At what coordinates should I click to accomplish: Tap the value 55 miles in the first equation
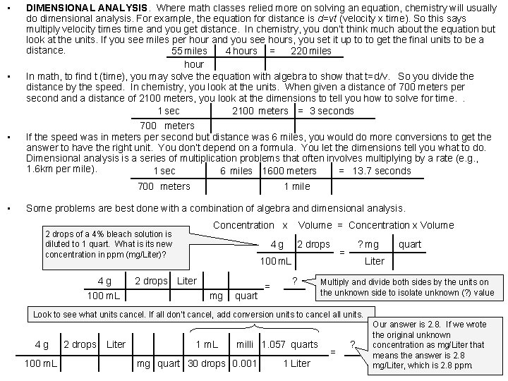(x=189, y=51)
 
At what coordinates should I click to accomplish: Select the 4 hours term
(x=241, y=51)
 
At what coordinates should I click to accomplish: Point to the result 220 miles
(x=310, y=51)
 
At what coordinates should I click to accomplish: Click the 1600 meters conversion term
(x=289, y=171)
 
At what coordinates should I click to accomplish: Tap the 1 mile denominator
(x=296, y=186)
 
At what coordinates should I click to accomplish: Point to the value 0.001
(x=244, y=363)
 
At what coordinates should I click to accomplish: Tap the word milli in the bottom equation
(x=245, y=344)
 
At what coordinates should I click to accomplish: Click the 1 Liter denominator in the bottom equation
(x=296, y=363)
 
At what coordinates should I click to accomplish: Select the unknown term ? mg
(x=368, y=244)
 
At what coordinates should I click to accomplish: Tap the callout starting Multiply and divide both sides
(x=408, y=286)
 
